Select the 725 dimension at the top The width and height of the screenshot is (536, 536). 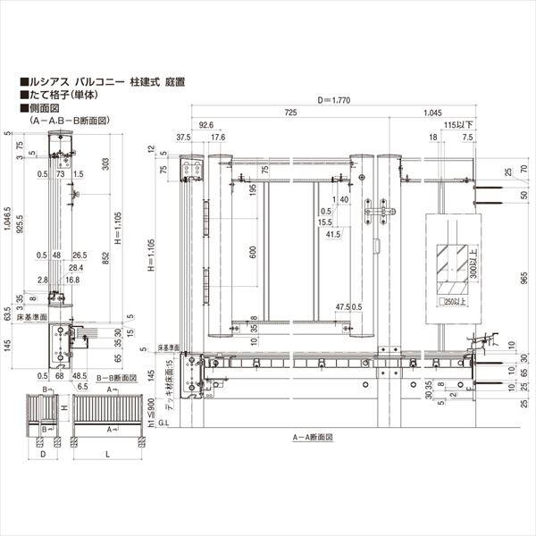point(291,114)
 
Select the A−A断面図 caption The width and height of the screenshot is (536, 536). point(312,439)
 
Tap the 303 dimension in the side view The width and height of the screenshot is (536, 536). point(106,163)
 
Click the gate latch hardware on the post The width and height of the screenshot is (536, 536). point(379,215)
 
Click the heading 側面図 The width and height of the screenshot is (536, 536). point(45,107)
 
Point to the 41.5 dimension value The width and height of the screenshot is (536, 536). point(333,234)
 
